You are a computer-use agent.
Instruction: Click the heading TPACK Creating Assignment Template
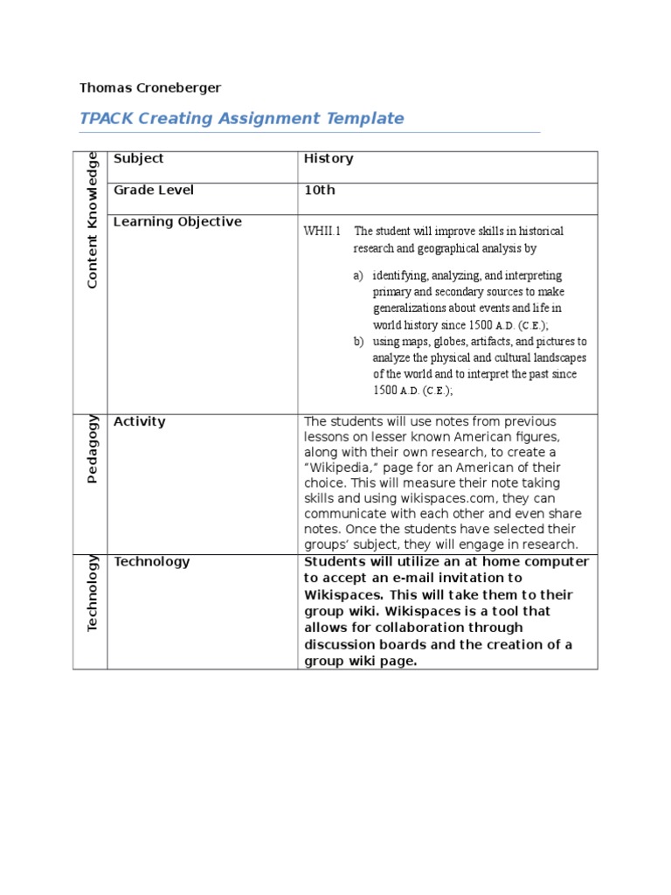tap(242, 118)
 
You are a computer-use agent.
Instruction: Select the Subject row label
tap(139, 158)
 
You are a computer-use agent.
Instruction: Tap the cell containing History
tap(329, 158)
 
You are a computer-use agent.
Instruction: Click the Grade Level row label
tap(154, 190)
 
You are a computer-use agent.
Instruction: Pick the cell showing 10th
tap(319, 190)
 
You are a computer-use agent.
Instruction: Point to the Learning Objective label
tap(177, 221)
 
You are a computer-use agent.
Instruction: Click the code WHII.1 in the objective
tap(322, 232)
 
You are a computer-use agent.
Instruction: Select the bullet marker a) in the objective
tap(358, 275)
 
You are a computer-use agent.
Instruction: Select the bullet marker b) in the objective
tap(358, 342)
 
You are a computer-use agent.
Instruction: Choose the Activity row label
tap(140, 421)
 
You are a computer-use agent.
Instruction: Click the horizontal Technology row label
tap(152, 561)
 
